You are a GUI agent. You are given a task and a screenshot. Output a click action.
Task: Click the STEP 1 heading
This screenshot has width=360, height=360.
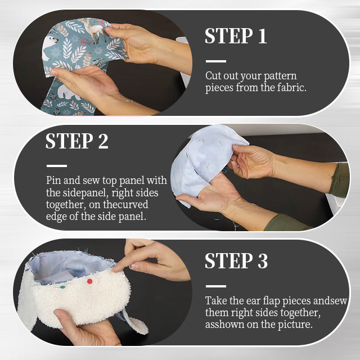pyautogui.click(x=235, y=36)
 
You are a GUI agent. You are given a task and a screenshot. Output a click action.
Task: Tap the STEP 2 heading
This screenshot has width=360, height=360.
pyautogui.click(x=76, y=141)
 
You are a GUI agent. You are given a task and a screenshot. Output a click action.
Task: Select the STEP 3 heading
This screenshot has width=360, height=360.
pyautogui.click(x=236, y=261)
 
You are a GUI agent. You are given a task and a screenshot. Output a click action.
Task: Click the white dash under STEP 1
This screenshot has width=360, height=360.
pyautogui.click(x=215, y=61)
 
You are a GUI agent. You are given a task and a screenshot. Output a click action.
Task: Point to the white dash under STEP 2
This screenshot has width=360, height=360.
pyautogui.click(x=56, y=166)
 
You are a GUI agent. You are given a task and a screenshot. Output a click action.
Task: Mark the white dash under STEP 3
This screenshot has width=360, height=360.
pyautogui.click(x=215, y=286)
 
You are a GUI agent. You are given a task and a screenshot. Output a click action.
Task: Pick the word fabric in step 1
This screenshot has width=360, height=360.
pyautogui.click(x=291, y=88)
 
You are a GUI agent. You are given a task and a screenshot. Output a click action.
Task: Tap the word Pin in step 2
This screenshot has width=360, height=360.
pyautogui.click(x=54, y=181)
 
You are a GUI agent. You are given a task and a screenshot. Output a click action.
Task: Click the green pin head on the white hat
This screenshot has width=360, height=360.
pyautogui.click(x=63, y=287)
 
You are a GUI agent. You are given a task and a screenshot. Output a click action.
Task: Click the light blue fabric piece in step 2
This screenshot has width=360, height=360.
pyautogui.click(x=202, y=163)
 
